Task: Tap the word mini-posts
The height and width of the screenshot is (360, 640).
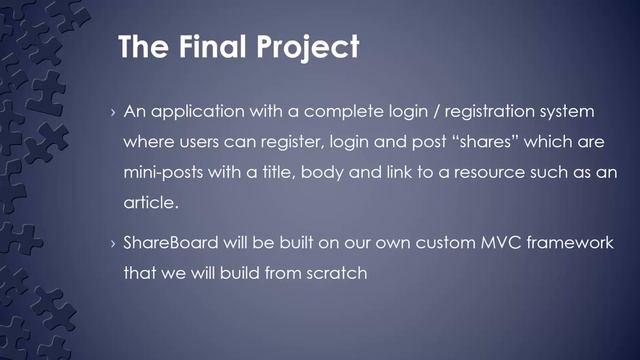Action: coord(164,172)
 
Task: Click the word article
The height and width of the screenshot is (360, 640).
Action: coord(149,204)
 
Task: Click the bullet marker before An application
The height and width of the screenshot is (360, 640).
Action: coord(112,109)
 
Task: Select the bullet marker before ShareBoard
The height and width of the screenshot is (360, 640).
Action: coord(112,244)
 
